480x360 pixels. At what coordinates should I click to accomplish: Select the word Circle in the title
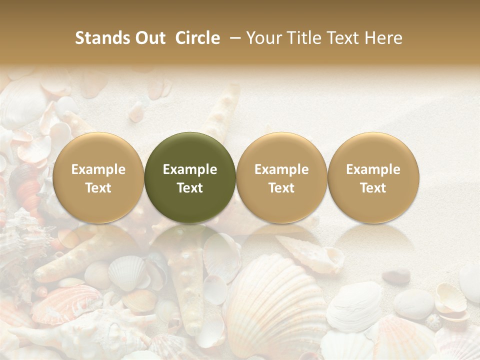tap(197, 38)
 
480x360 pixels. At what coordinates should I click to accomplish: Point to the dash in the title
tap(233, 38)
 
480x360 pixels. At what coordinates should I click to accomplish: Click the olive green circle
tap(190, 177)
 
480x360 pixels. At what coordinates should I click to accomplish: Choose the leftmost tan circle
tap(98, 177)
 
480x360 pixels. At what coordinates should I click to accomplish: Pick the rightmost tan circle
tap(373, 177)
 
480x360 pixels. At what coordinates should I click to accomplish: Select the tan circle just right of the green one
tap(281, 177)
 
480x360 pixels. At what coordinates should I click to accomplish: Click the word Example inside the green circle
tap(190, 169)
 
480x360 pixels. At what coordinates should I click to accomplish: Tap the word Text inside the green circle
tap(190, 188)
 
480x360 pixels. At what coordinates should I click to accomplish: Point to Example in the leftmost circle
tap(98, 169)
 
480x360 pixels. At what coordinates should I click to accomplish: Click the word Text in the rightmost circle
tap(373, 188)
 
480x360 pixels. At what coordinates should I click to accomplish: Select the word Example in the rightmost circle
tap(373, 169)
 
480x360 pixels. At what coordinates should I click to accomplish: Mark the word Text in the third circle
tap(281, 188)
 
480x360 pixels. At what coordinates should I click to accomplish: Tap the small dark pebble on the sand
tap(396, 276)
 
